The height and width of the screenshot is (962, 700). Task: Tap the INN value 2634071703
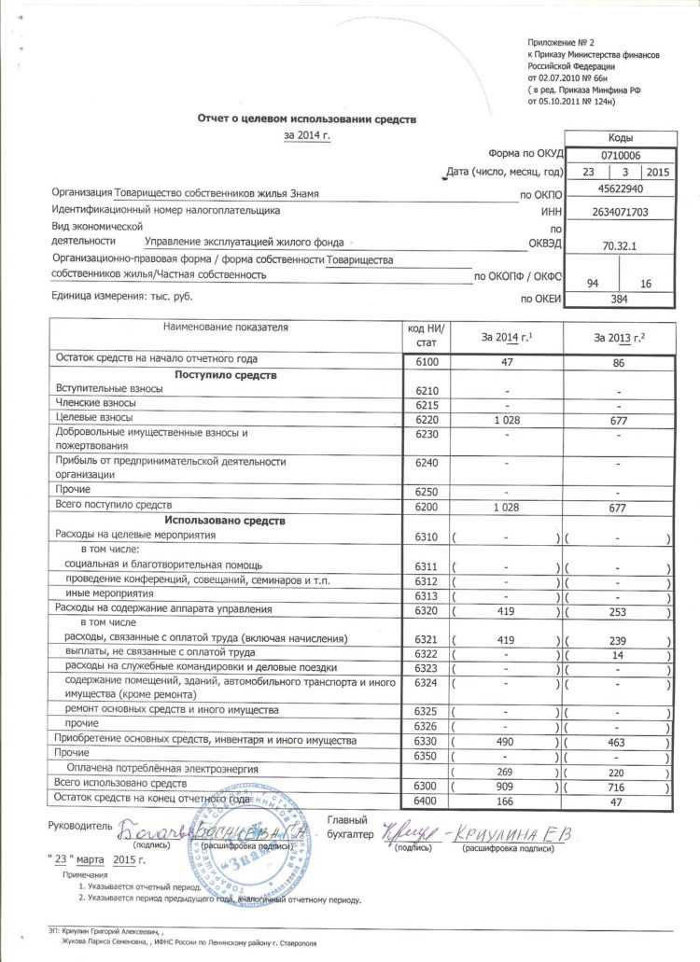point(621,213)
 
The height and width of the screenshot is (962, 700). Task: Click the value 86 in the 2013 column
point(618,363)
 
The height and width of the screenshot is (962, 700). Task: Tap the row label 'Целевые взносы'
point(94,417)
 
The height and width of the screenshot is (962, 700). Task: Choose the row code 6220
point(427,419)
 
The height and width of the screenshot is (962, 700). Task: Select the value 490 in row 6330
point(505,741)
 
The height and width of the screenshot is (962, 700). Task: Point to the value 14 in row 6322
point(618,653)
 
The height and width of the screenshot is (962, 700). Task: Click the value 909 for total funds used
point(505,787)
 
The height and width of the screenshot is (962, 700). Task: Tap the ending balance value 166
point(505,802)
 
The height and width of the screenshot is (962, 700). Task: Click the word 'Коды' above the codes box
point(621,137)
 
